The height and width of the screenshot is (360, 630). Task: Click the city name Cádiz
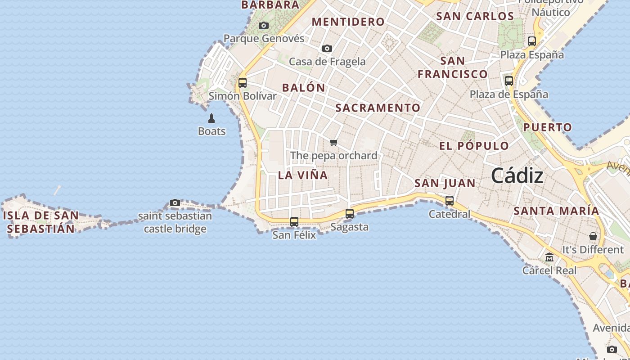pyautogui.click(x=517, y=175)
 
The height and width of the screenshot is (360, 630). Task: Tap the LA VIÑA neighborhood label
pyautogui.click(x=303, y=175)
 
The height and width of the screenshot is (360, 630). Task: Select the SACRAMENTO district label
pyautogui.click(x=378, y=108)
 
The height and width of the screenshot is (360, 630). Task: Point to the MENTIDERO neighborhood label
pyautogui.click(x=348, y=22)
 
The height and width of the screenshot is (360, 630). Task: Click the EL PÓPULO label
pyautogui.click(x=474, y=146)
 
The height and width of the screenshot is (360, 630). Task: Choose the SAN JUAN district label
pyautogui.click(x=445, y=183)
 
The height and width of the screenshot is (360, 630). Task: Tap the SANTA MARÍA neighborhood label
pyautogui.click(x=556, y=211)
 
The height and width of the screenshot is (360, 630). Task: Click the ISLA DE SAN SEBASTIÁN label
pyautogui.click(x=41, y=222)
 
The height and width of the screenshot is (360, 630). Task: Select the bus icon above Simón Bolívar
pyautogui.click(x=243, y=83)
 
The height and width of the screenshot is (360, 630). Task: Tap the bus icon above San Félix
pyautogui.click(x=294, y=221)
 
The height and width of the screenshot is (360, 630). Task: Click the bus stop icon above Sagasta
pyautogui.click(x=350, y=214)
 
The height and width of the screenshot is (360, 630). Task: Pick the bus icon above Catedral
pyautogui.click(x=450, y=201)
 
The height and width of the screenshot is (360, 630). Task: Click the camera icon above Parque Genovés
pyautogui.click(x=264, y=26)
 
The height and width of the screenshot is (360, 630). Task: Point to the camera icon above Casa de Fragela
pyautogui.click(x=327, y=49)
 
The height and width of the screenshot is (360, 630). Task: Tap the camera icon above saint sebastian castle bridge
pyautogui.click(x=175, y=203)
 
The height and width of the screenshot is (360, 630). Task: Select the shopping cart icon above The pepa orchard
pyautogui.click(x=333, y=143)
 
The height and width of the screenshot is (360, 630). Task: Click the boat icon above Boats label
pyautogui.click(x=211, y=118)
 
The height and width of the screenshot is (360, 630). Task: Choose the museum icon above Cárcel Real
pyautogui.click(x=549, y=257)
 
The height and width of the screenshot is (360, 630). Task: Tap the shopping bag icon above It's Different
pyautogui.click(x=593, y=236)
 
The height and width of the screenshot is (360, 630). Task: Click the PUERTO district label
pyautogui.click(x=547, y=127)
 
